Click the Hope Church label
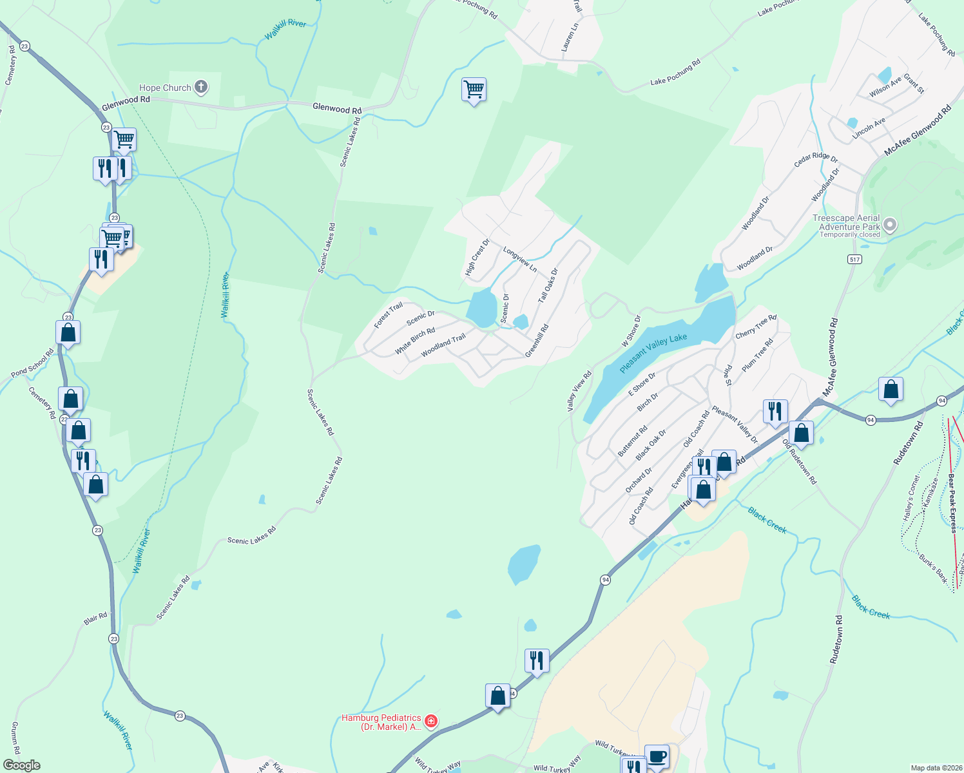point(165,88)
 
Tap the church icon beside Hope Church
point(201,87)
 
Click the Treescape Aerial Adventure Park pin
point(890,225)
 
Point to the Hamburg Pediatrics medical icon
point(432,721)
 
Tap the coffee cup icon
point(657,756)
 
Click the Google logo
point(22,765)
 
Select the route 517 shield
point(854,260)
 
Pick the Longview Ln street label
point(520,259)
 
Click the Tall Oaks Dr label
point(548,285)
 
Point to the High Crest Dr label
point(477,258)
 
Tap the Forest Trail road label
point(388,315)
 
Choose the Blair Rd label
point(95,619)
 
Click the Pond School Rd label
point(32,363)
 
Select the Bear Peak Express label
point(952,502)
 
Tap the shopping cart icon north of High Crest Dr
point(474,90)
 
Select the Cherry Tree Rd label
point(756,327)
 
